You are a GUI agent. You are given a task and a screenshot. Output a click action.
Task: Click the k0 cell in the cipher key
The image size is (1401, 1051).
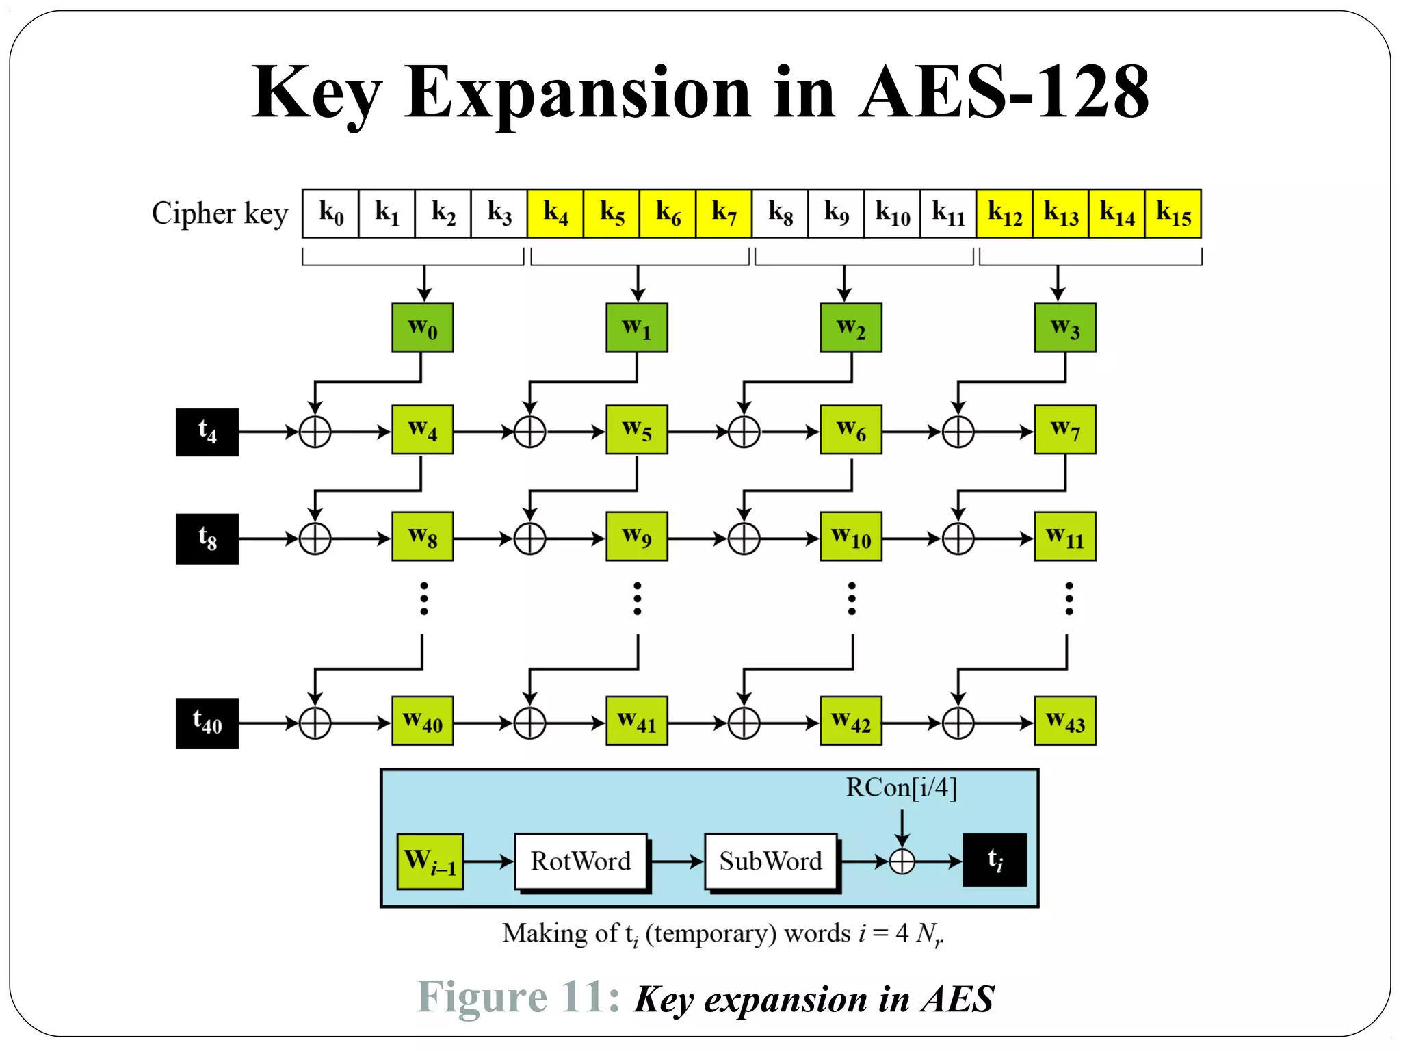coord(330,214)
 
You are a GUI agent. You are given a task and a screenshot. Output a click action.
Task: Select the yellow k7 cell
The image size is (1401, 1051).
coord(724,214)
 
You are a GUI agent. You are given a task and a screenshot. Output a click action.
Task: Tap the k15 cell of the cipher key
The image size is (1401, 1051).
coord(1173,214)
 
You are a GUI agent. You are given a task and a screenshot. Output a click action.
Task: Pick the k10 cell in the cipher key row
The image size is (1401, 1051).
coord(892,214)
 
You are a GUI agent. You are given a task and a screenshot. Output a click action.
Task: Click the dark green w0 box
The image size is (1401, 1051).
coord(422,328)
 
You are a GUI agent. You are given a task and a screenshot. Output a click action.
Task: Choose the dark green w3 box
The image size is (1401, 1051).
coord(1065,328)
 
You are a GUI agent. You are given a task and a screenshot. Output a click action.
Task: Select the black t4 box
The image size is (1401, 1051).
coord(207,432)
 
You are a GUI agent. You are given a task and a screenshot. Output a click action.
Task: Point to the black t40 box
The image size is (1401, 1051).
coord(207,723)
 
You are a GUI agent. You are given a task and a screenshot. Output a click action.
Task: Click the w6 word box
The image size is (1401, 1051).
coord(851,430)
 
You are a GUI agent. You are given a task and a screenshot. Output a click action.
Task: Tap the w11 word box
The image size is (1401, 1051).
coord(1065,536)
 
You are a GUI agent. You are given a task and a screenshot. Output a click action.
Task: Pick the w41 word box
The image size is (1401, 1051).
coord(637,721)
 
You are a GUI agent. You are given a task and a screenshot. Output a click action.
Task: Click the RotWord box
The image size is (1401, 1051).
coord(581,861)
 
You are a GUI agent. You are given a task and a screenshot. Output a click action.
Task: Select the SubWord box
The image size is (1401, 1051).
coord(771,861)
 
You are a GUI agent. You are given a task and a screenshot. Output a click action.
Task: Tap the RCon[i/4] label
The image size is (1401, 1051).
coord(901,788)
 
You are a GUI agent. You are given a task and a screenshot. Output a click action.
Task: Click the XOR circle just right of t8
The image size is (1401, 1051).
coord(315,539)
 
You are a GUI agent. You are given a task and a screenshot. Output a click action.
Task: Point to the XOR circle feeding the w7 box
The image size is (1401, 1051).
coord(958,432)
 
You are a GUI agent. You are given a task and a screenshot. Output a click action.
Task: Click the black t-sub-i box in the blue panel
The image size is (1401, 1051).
coord(995,860)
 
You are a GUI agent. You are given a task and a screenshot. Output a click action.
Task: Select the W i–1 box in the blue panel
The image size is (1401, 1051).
coord(430,861)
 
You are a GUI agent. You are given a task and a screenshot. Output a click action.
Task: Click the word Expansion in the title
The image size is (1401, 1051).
coord(578,92)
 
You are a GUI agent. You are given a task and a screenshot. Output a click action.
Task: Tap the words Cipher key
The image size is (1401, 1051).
coord(220,214)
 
